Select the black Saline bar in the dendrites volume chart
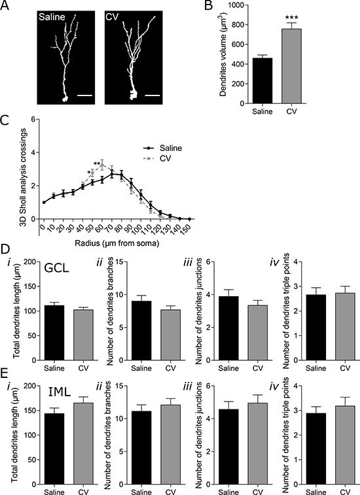[262, 80]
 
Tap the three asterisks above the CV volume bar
[292, 18]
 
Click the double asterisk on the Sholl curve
[97, 163]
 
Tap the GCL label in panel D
[57, 269]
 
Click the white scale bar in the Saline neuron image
[84, 95]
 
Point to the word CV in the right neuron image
[111, 16]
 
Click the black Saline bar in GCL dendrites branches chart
[141, 330]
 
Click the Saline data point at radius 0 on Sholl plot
[44, 202]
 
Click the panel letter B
[208, 6]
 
